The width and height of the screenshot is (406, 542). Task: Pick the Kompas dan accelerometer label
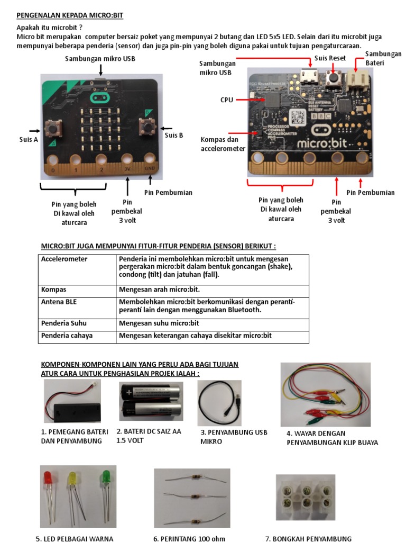pos(223,144)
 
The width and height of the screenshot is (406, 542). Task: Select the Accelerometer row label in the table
pos(64,259)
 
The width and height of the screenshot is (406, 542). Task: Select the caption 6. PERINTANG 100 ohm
pos(189,539)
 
